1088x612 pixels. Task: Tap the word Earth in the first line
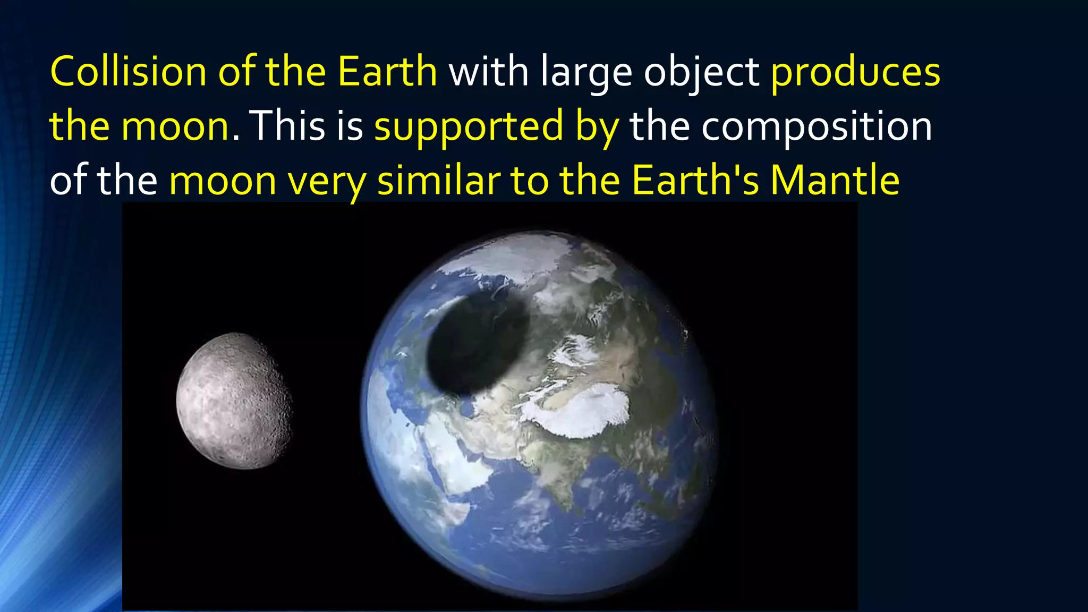[387, 72]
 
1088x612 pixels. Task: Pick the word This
[287, 126]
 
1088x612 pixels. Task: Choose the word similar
[438, 181]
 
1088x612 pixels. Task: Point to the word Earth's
[696, 181]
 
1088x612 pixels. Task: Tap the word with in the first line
[489, 72]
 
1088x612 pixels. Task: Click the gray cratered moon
[234, 401]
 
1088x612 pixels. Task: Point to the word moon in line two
[175, 126]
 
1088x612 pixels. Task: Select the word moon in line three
[223, 181]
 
